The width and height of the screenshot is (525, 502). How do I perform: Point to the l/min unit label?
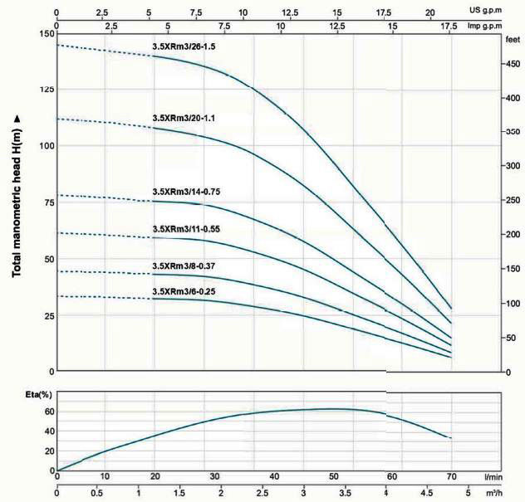point(495,476)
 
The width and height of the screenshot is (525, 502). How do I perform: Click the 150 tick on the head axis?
point(44,34)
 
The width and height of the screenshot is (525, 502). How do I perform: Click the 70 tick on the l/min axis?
point(451,476)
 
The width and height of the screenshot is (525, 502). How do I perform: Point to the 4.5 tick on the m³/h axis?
point(427,493)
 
